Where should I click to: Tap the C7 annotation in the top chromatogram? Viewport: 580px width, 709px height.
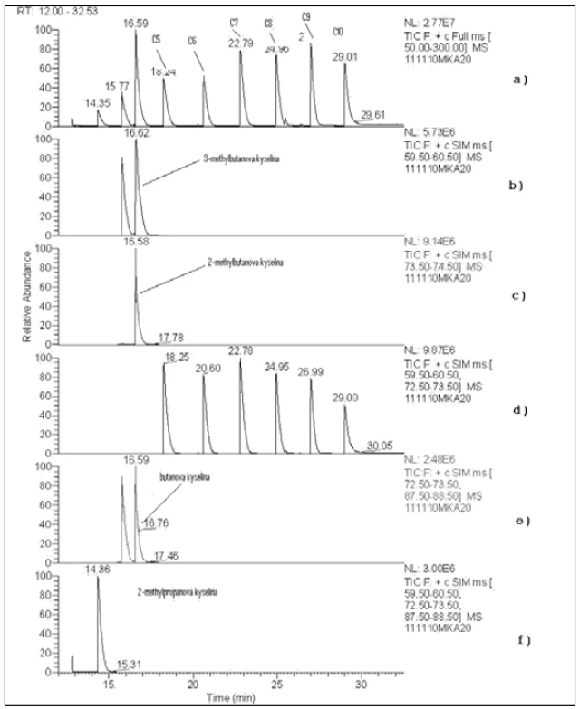234,22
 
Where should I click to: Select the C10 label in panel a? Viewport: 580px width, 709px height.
338,31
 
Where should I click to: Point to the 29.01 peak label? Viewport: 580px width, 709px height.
345,56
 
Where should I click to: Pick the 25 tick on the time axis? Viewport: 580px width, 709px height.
277,685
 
